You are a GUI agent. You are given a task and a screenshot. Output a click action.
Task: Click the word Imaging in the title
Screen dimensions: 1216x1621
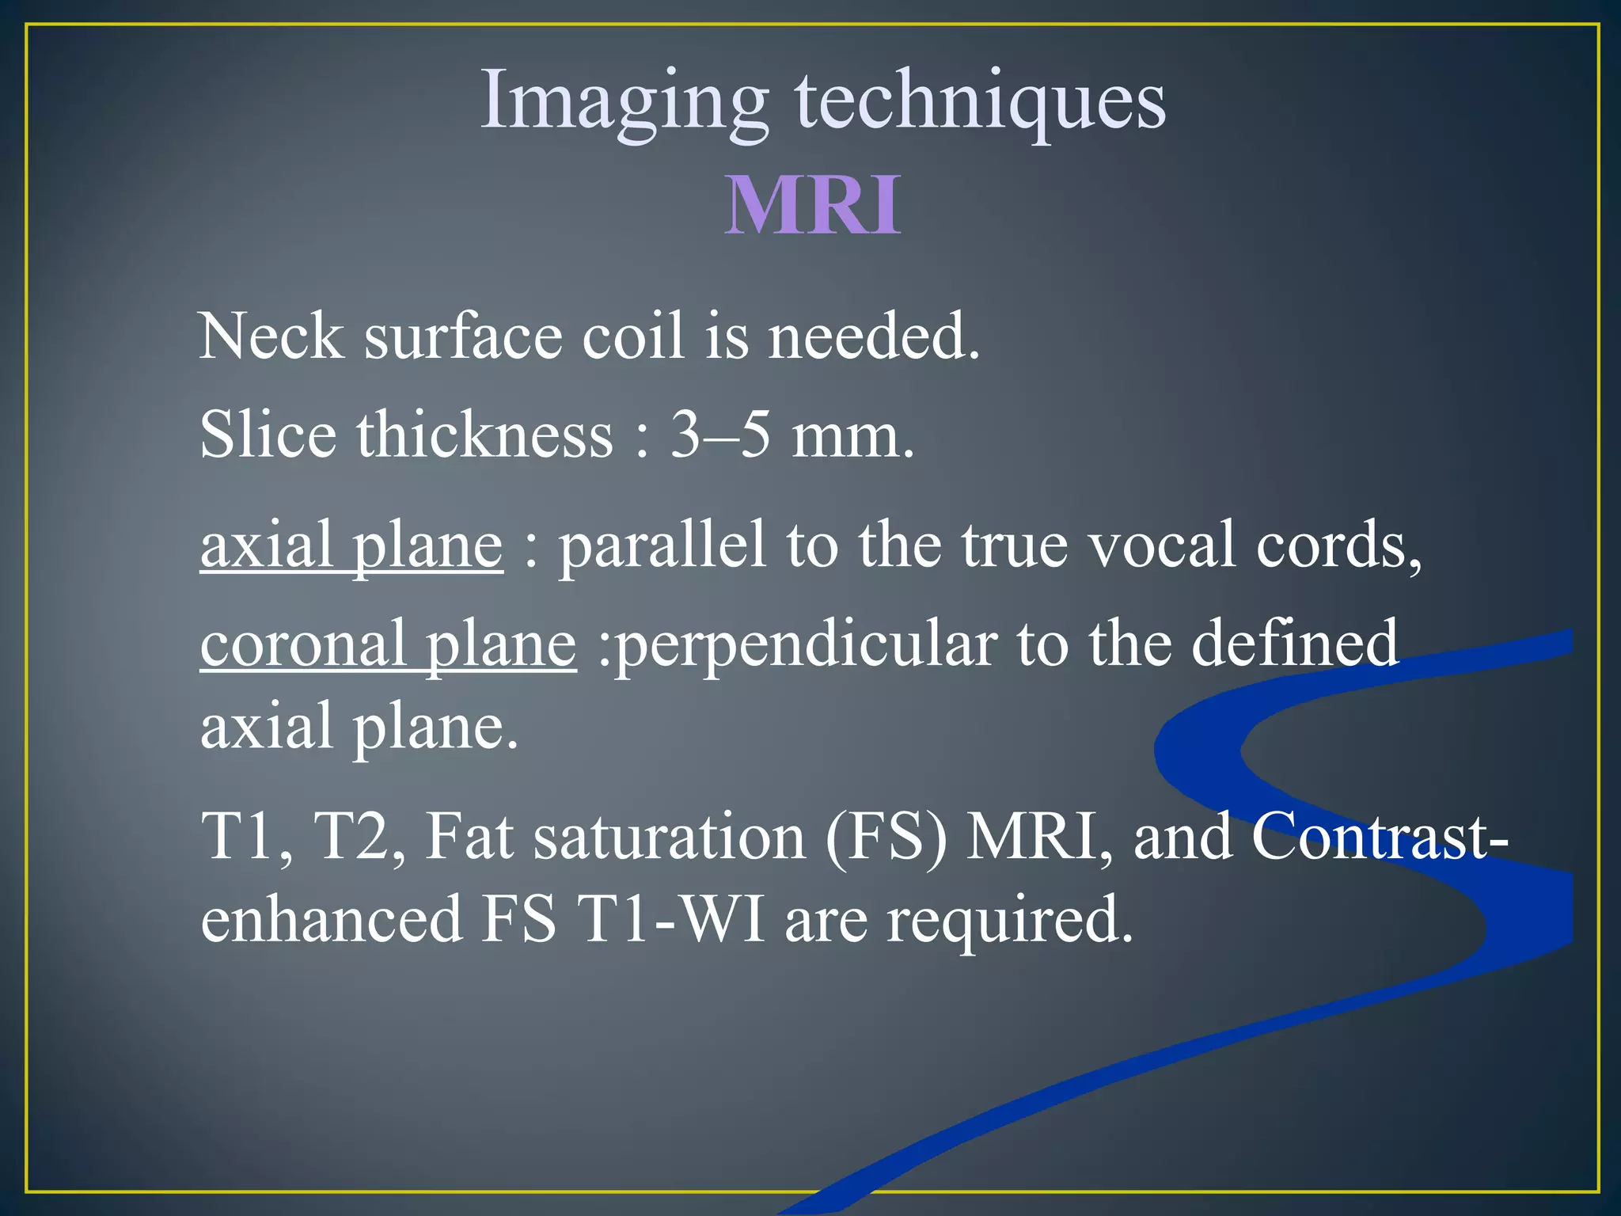tap(624, 102)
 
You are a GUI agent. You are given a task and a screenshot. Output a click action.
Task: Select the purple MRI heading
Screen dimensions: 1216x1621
tap(813, 205)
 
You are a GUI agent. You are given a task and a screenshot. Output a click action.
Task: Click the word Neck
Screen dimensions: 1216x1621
tap(271, 336)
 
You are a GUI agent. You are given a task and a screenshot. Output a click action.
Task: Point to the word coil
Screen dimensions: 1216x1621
tap(633, 336)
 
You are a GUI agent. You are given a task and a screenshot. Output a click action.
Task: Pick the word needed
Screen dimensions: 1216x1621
tap(874, 336)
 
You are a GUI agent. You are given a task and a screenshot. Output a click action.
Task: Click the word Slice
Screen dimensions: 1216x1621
tap(268, 435)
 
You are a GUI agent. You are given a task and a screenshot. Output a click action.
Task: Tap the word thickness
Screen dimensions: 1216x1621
tap(485, 435)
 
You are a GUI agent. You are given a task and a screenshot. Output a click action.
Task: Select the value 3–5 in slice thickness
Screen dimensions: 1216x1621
tap(720, 435)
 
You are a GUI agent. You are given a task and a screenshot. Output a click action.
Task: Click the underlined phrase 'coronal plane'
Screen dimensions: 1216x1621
tap(388, 644)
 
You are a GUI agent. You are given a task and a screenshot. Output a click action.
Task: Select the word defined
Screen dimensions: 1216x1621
tap(1295, 644)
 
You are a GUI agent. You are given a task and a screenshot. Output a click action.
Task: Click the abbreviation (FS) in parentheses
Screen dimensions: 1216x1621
tap(886, 837)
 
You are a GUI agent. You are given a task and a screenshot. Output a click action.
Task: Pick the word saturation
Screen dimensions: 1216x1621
tap(670, 837)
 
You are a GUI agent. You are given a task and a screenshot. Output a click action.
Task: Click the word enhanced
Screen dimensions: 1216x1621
tap(332, 919)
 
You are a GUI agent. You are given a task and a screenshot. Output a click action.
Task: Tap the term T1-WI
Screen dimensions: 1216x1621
tap(672, 919)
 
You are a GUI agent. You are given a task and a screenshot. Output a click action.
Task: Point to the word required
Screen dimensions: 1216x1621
tap(1009, 921)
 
